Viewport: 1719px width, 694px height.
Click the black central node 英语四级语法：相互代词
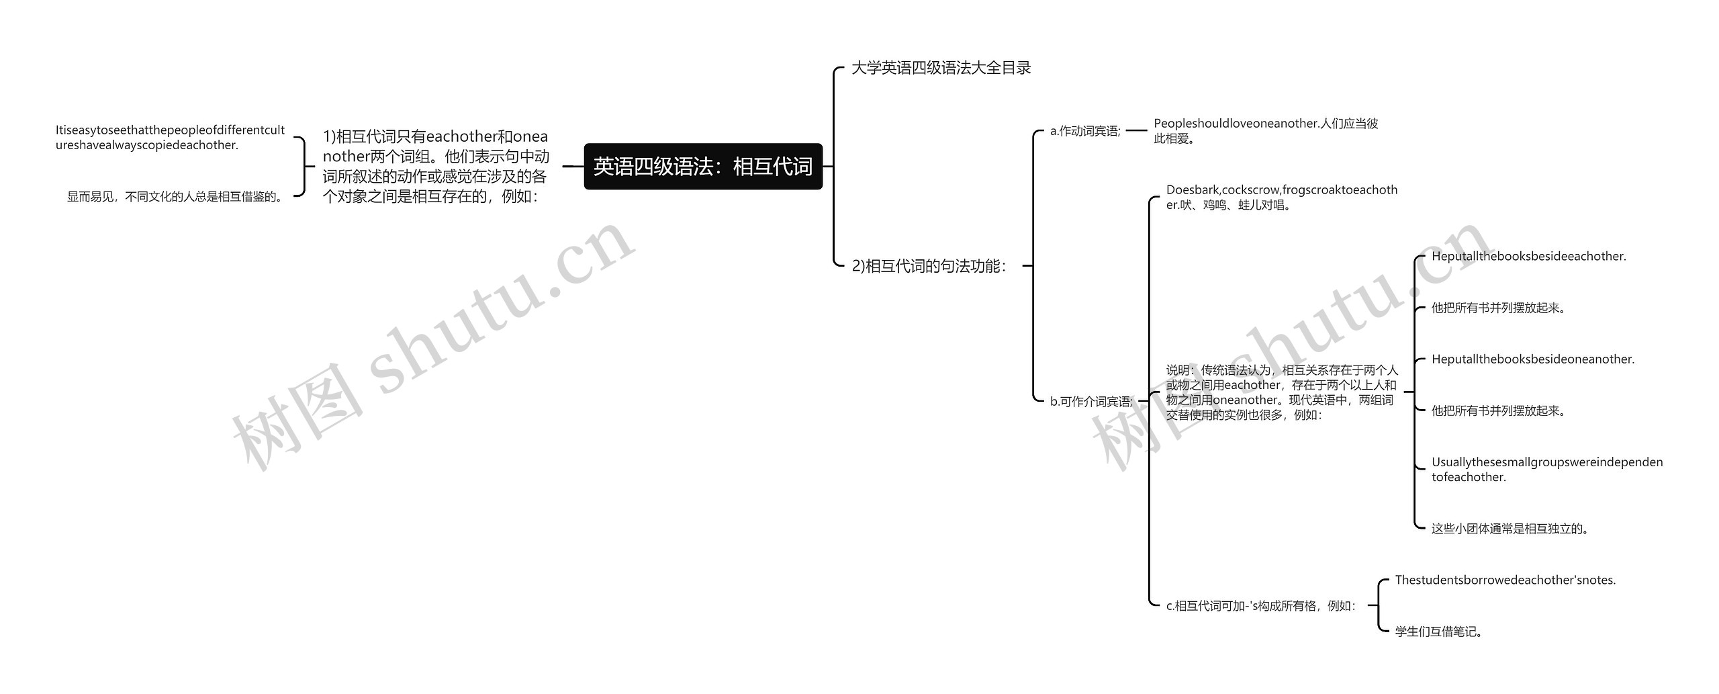pyautogui.click(x=702, y=166)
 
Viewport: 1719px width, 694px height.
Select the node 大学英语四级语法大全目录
pyautogui.click(x=941, y=68)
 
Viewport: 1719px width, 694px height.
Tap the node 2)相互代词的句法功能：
pyautogui.click(x=929, y=266)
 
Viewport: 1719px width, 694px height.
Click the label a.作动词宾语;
pyautogui.click(x=1085, y=131)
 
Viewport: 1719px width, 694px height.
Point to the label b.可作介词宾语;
pyautogui.click(x=1091, y=402)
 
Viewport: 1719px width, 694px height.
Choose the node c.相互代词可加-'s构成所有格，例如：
pyautogui.click(x=1261, y=606)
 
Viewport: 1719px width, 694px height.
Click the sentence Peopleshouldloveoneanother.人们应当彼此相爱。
pyautogui.click(x=1265, y=131)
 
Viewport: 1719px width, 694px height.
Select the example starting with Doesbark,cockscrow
pyautogui.click(x=1281, y=198)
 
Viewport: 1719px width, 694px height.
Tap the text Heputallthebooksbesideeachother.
pyautogui.click(x=1528, y=257)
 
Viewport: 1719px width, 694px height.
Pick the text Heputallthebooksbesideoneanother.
pyautogui.click(x=1532, y=359)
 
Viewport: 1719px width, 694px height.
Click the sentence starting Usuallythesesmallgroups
pyautogui.click(x=1546, y=470)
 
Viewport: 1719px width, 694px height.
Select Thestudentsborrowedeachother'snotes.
pyautogui.click(x=1505, y=580)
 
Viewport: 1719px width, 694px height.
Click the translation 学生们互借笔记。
pyautogui.click(x=1438, y=632)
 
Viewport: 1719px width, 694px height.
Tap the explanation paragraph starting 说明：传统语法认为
pyautogui.click(x=1281, y=392)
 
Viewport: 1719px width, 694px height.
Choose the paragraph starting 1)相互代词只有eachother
pyautogui.click(x=436, y=166)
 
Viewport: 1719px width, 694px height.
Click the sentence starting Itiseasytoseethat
pyautogui.click(x=170, y=138)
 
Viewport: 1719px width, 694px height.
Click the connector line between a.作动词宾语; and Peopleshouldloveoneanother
pyautogui.click(x=1137, y=131)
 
